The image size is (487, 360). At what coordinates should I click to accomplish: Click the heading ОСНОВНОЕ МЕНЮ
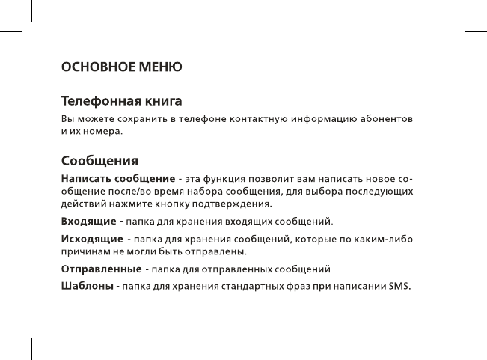tap(121, 67)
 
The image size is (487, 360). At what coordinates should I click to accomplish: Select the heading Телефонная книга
tap(122, 101)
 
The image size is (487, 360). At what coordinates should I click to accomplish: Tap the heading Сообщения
tap(99, 162)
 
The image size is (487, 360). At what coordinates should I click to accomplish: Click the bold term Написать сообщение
tap(117, 178)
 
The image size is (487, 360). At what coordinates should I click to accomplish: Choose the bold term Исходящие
tap(92, 239)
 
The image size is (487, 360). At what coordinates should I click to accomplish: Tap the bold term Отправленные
tap(101, 268)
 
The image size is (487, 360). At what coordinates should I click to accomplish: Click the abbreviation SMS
tap(399, 286)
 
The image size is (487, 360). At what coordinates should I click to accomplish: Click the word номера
tap(100, 132)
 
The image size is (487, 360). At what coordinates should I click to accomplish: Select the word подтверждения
tap(235, 204)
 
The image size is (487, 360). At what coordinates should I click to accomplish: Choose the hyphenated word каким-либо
tap(385, 239)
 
